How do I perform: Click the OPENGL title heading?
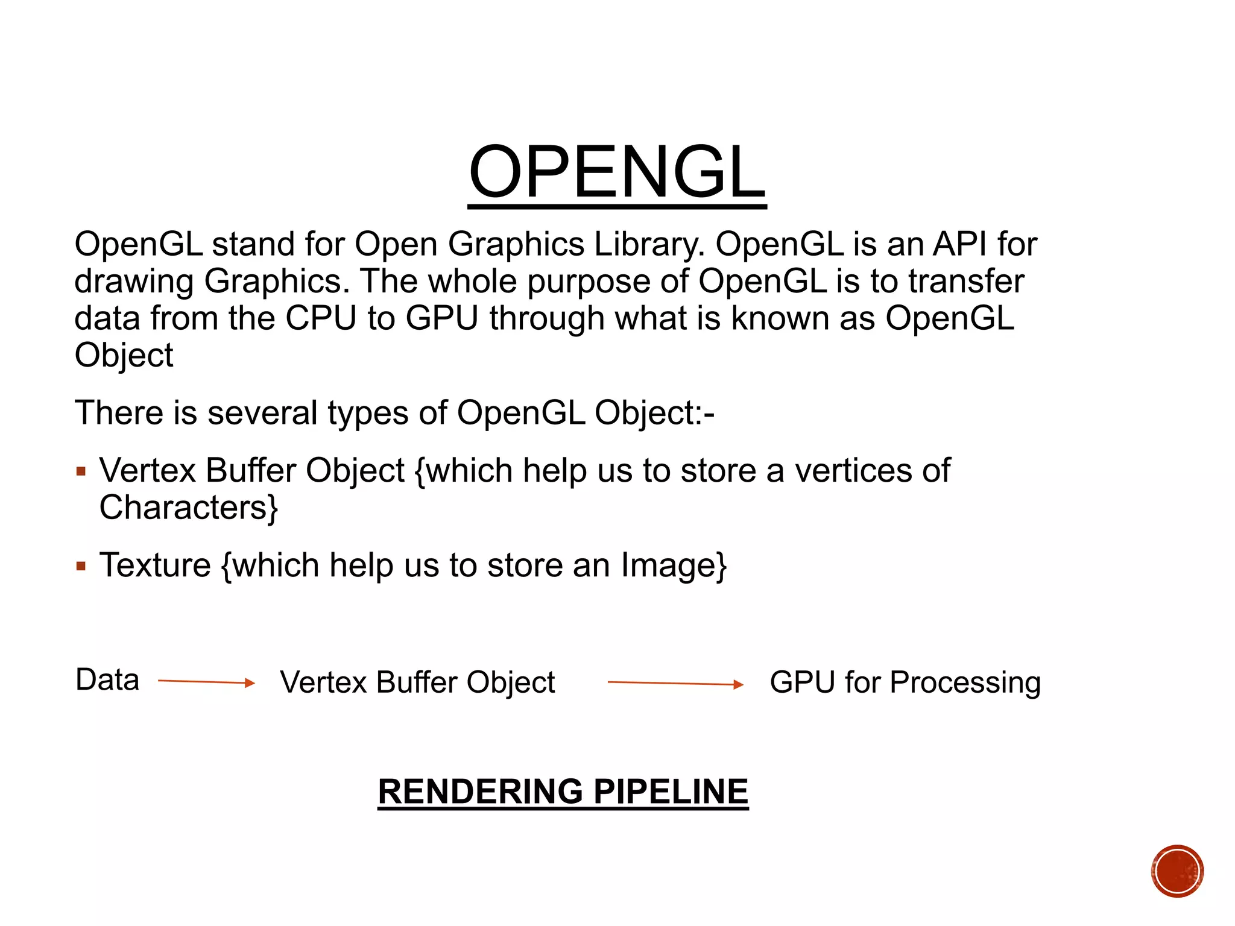[x=617, y=172]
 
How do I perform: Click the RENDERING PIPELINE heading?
[x=563, y=791]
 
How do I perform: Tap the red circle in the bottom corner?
[x=1177, y=871]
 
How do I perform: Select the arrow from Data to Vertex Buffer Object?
[x=206, y=682]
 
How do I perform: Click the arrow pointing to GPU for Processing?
[x=675, y=683]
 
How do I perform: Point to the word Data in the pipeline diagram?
[x=107, y=680]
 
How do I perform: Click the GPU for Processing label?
[x=905, y=682]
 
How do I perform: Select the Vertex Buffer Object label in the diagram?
[x=417, y=682]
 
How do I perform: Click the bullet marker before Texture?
[x=81, y=566]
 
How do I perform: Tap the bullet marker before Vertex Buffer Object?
[x=81, y=471]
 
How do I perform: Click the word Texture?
[x=155, y=565]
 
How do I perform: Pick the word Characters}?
[x=189, y=508]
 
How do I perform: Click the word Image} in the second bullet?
[x=674, y=565]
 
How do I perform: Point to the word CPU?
[x=321, y=318]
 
